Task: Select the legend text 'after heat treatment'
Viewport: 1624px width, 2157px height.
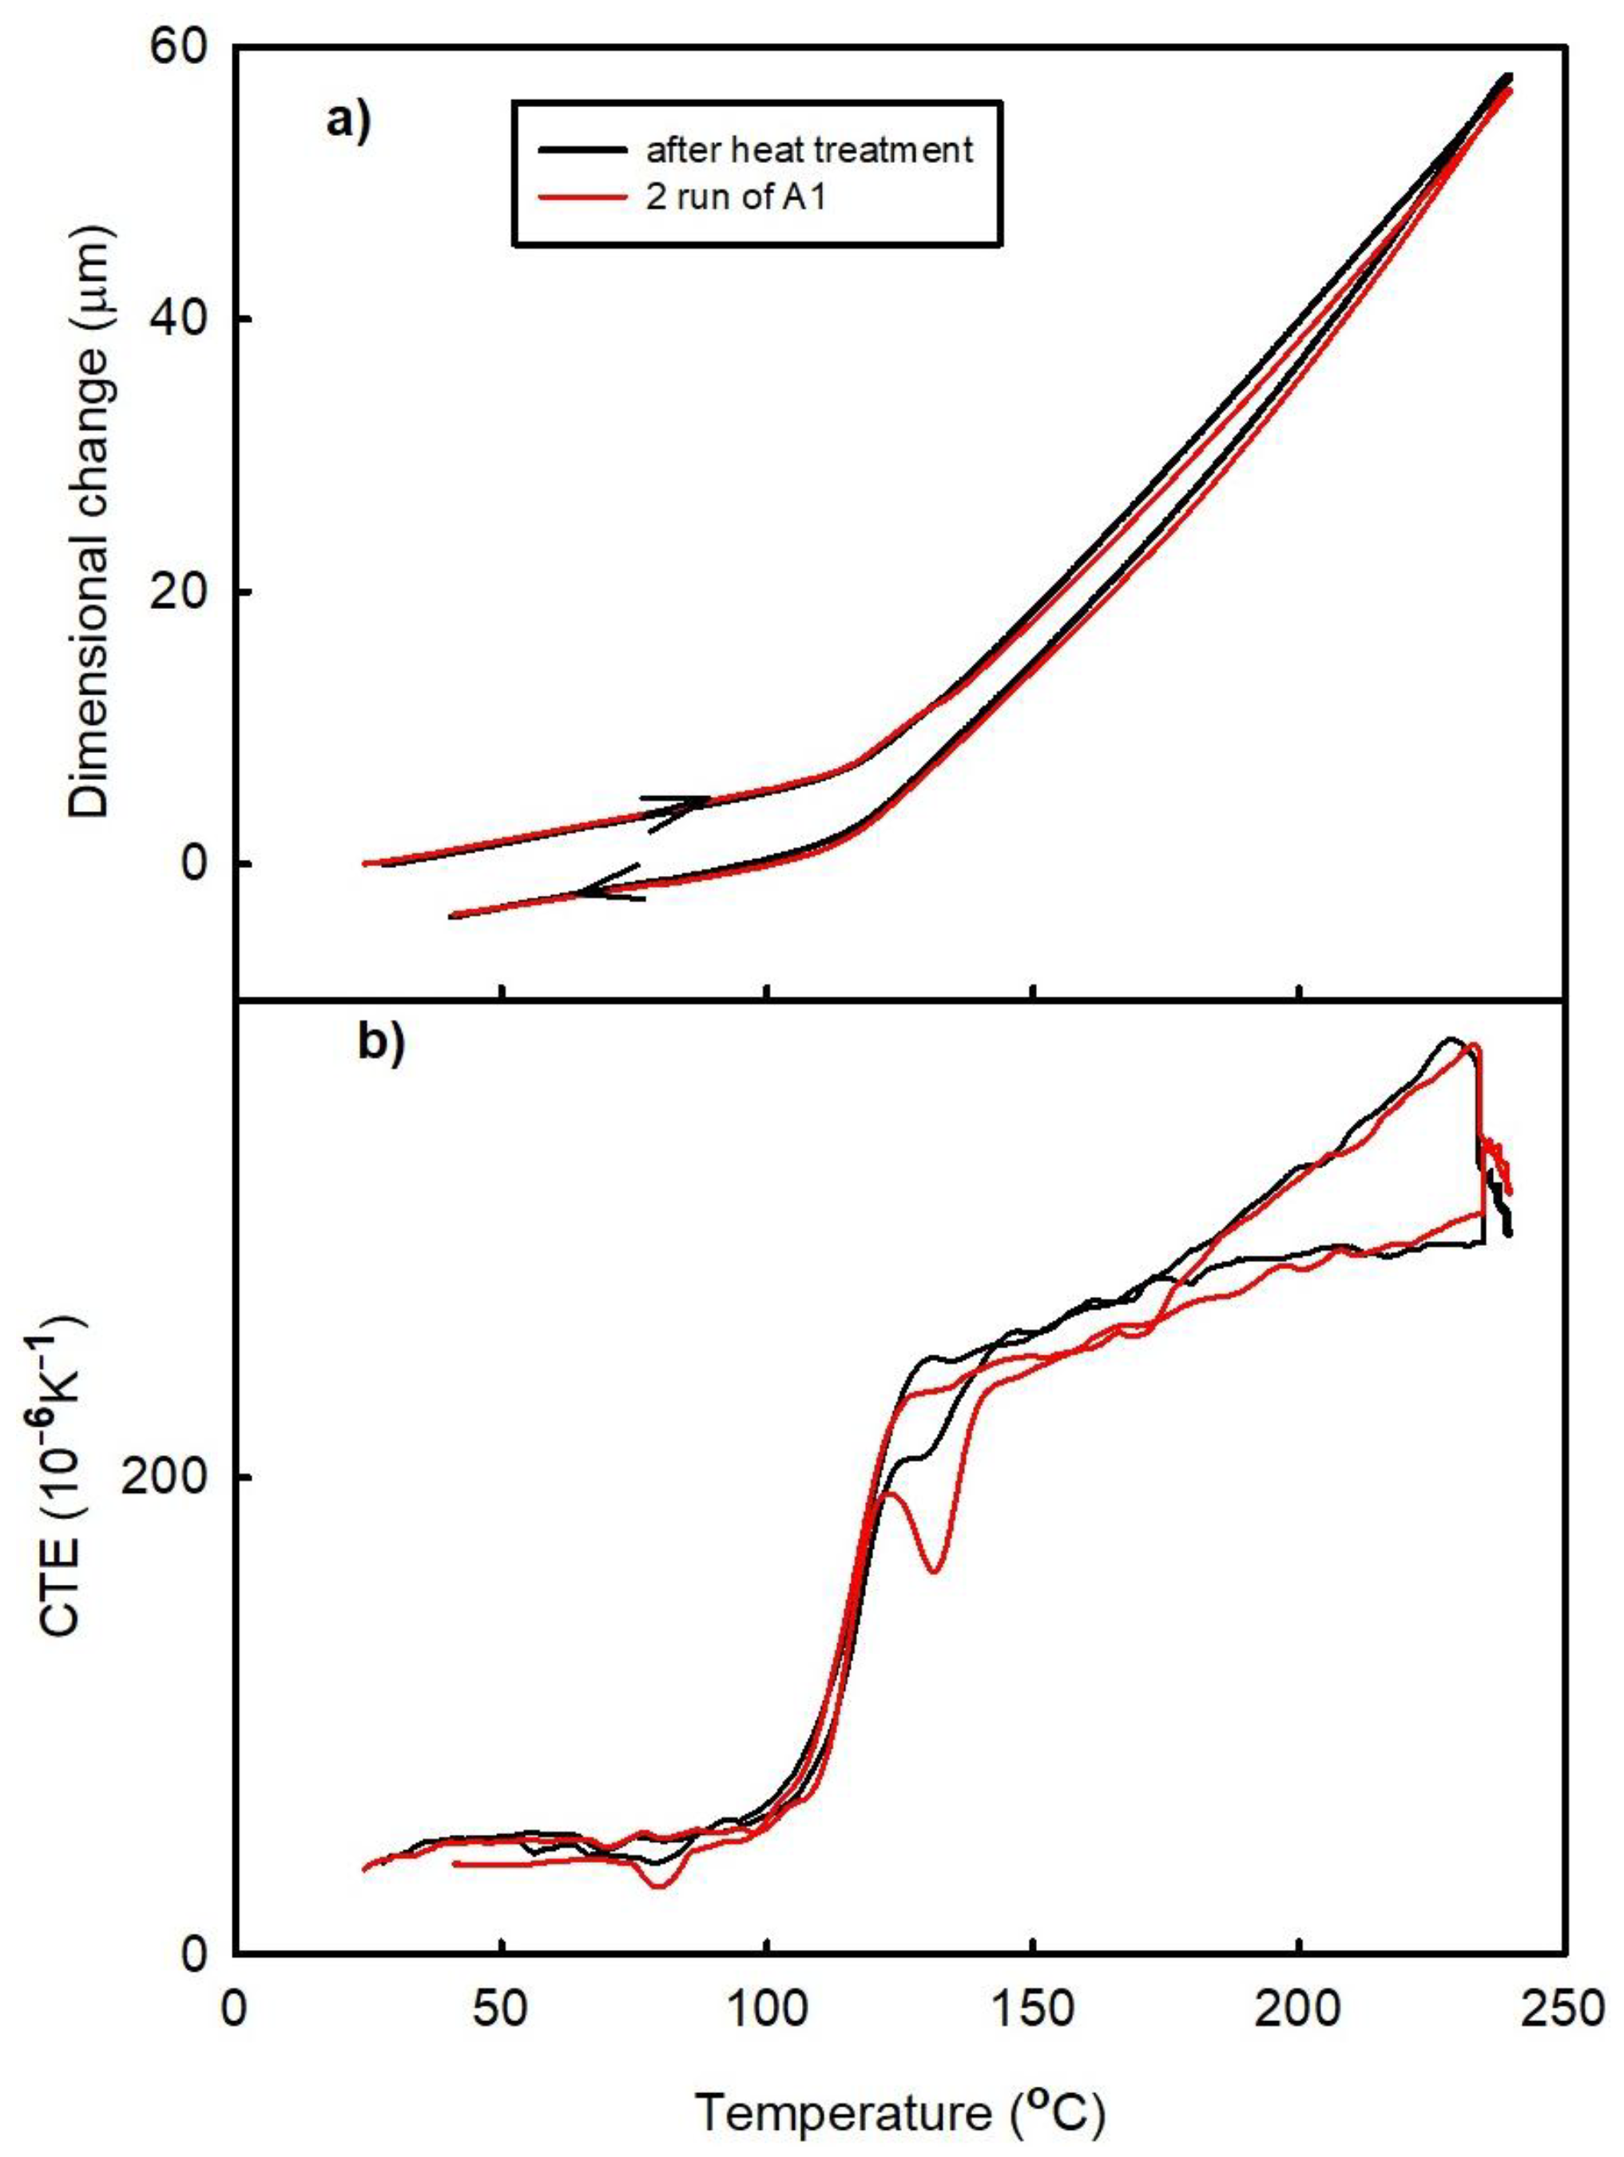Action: tap(809, 149)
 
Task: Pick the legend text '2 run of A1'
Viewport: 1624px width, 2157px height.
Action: tap(736, 202)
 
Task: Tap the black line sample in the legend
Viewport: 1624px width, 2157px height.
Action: tap(582, 149)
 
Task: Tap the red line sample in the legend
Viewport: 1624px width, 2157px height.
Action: tap(582, 199)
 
